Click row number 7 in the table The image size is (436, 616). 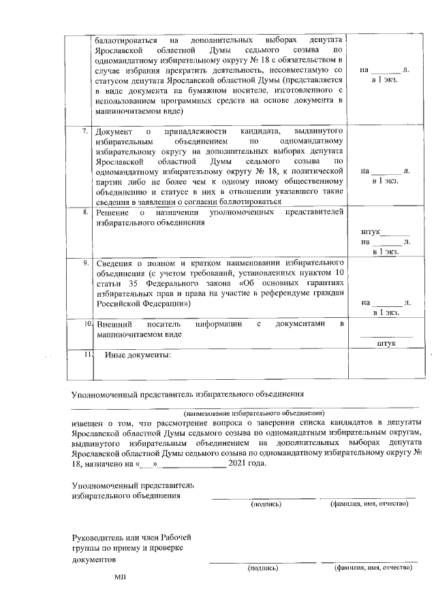coord(84,129)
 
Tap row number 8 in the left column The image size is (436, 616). coord(84,212)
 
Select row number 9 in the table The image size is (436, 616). coord(84,262)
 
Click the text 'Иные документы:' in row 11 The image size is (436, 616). coord(137,355)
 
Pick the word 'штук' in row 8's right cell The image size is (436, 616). coord(371,232)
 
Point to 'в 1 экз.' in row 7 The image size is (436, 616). coord(385,182)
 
